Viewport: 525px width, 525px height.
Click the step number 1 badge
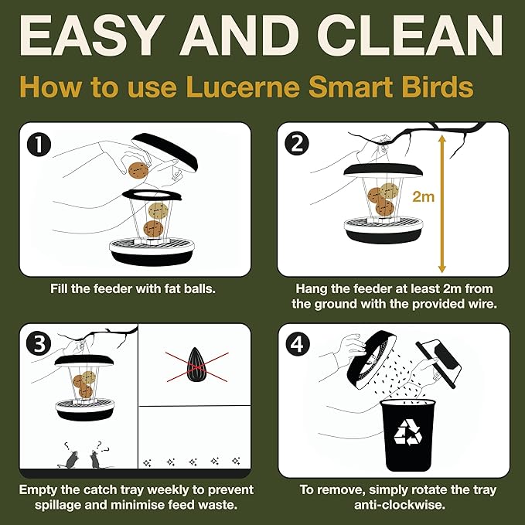point(36,144)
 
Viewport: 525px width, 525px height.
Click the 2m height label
point(423,196)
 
